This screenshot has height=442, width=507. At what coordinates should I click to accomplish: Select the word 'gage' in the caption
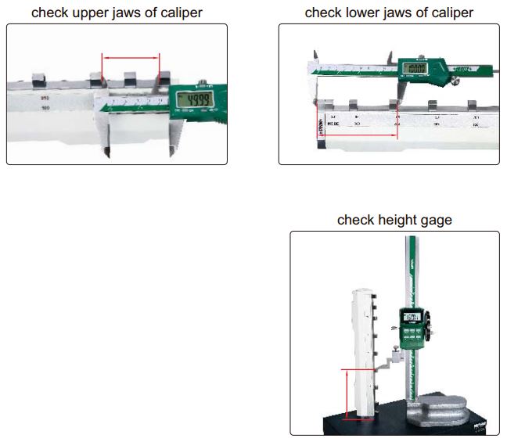click(436, 221)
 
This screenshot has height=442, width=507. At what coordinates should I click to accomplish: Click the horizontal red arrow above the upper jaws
click(131, 56)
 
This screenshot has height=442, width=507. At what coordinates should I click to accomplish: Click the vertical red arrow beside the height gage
click(345, 395)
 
